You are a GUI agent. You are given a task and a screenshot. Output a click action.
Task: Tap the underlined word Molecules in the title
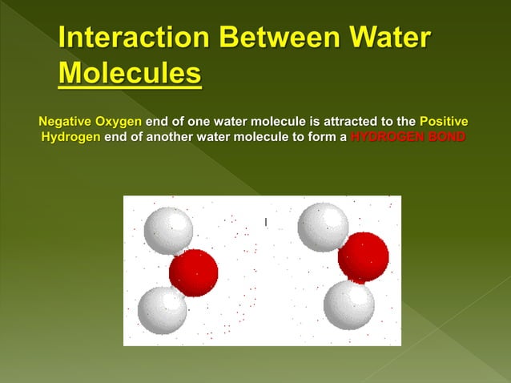pyautogui.click(x=130, y=74)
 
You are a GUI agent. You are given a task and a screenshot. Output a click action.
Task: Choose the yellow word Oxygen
pyautogui.click(x=119, y=122)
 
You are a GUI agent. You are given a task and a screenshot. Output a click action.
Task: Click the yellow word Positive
pyautogui.click(x=444, y=122)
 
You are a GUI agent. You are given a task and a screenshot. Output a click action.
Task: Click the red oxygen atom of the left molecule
pyautogui.click(x=194, y=272)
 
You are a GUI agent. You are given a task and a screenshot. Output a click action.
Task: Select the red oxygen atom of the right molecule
pyautogui.click(x=363, y=257)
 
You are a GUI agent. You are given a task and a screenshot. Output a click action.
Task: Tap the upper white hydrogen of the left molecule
pyautogui.click(x=168, y=230)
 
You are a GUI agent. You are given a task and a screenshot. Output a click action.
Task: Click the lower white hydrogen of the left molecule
pyautogui.click(x=163, y=310)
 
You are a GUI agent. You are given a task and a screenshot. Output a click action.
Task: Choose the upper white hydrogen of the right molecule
pyautogui.click(x=323, y=227)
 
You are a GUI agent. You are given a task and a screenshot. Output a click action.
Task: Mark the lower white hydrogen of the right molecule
pyautogui.click(x=349, y=304)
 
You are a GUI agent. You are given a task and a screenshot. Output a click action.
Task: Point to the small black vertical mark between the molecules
pyautogui.click(x=265, y=220)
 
